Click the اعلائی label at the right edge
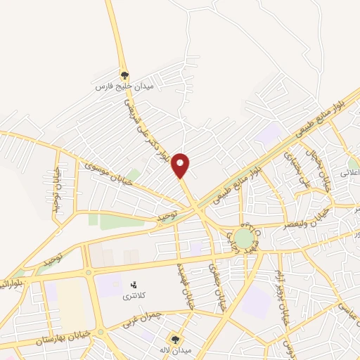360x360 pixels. coord(349,172)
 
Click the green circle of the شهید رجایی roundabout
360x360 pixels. coord(244,238)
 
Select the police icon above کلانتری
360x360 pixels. coord(133,285)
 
